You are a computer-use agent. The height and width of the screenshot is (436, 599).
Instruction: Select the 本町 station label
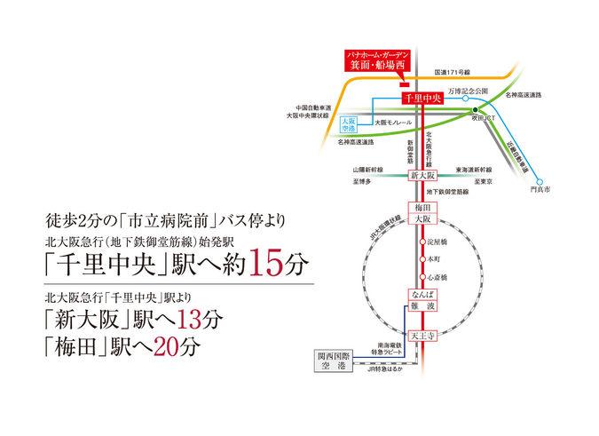(x=434, y=259)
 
